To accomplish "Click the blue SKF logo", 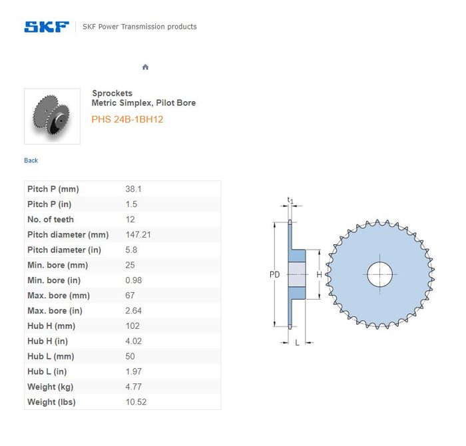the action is point(47,27).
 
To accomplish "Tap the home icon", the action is point(145,67).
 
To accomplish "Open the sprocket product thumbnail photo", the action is point(52,116).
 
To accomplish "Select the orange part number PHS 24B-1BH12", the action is point(127,119).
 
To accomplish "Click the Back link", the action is point(31,160).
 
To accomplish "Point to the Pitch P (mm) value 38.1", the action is point(133,189).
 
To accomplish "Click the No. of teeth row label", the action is point(51,220).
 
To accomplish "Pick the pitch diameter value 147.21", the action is point(138,235).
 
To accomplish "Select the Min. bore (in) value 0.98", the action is point(133,280).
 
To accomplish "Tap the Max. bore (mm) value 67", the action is point(130,296).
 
